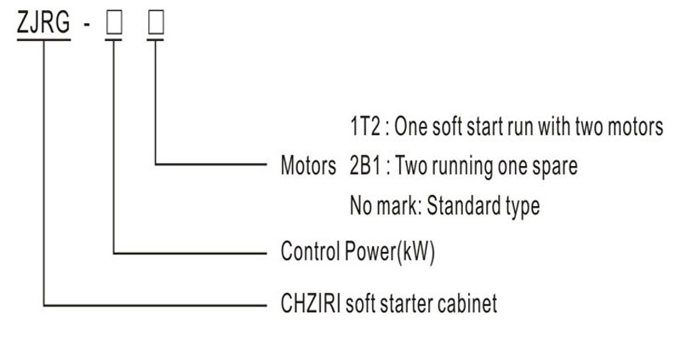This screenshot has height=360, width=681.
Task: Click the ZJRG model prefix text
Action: click(x=43, y=22)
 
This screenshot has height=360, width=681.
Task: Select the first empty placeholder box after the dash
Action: click(x=114, y=23)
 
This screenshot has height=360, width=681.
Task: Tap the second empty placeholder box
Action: click(x=156, y=23)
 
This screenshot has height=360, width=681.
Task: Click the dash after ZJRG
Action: click(x=87, y=25)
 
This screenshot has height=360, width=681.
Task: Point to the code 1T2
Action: click(x=365, y=126)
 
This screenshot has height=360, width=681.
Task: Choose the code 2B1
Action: click(x=365, y=165)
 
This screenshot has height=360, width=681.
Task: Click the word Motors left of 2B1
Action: click(x=308, y=165)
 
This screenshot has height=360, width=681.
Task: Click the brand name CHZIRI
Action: click(x=311, y=303)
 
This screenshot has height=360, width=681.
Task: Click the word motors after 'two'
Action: click(x=635, y=127)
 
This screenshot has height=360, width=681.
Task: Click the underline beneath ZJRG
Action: click(x=44, y=39)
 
